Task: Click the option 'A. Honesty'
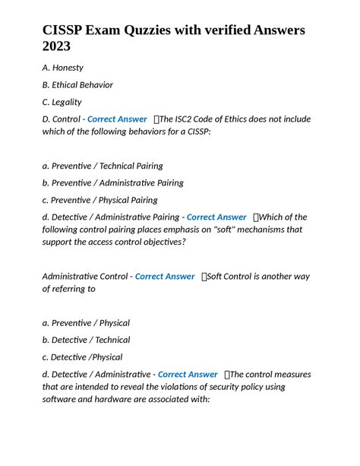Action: tap(63, 68)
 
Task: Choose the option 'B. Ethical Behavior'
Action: tap(77, 85)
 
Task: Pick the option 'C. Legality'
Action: tap(62, 102)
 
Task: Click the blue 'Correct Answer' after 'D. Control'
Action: tap(118, 119)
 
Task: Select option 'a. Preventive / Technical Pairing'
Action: tap(103, 166)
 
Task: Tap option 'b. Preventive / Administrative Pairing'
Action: tap(112, 182)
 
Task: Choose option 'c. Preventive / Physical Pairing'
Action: tap(99, 200)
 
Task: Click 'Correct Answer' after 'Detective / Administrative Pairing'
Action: tap(216, 217)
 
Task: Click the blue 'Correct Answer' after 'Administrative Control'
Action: tap(165, 277)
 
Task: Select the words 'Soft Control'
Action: tap(234, 277)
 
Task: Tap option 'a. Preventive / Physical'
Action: tap(86, 323)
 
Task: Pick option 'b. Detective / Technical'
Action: tap(86, 340)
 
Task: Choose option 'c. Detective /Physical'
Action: tap(82, 357)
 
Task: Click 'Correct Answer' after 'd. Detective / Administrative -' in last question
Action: tap(188, 374)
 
